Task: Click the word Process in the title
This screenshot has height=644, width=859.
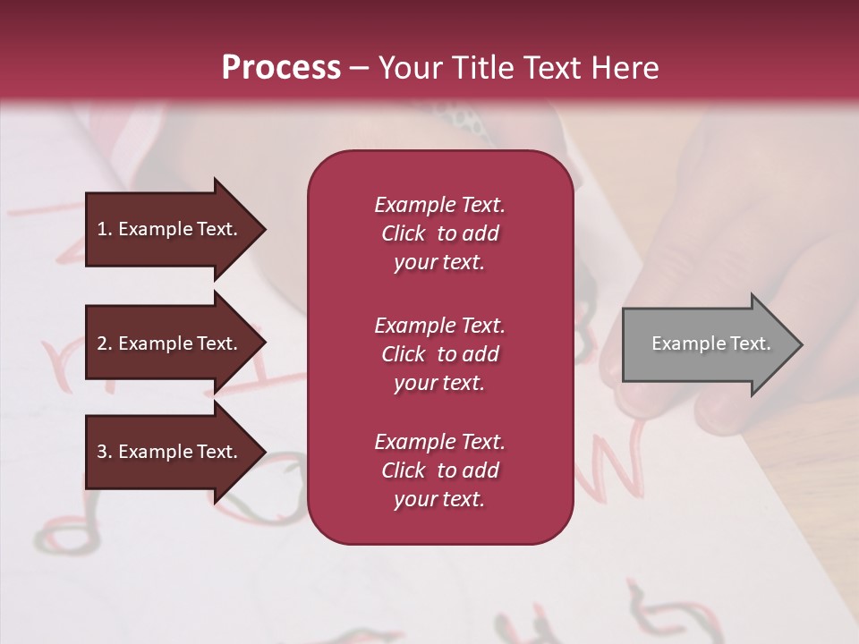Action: (x=281, y=68)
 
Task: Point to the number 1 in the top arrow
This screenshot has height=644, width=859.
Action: (x=102, y=229)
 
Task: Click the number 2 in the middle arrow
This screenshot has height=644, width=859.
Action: (x=102, y=343)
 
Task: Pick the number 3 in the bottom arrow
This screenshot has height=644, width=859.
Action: (x=102, y=452)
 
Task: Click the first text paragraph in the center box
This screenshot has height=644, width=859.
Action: (x=439, y=233)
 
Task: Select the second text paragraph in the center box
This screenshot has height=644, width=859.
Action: (x=439, y=354)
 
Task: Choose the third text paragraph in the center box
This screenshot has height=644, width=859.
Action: (x=439, y=470)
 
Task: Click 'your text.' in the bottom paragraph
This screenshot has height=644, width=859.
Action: (x=439, y=499)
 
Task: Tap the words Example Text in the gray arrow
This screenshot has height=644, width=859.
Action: (x=710, y=343)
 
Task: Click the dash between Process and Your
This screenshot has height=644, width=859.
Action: (x=359, y=69)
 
